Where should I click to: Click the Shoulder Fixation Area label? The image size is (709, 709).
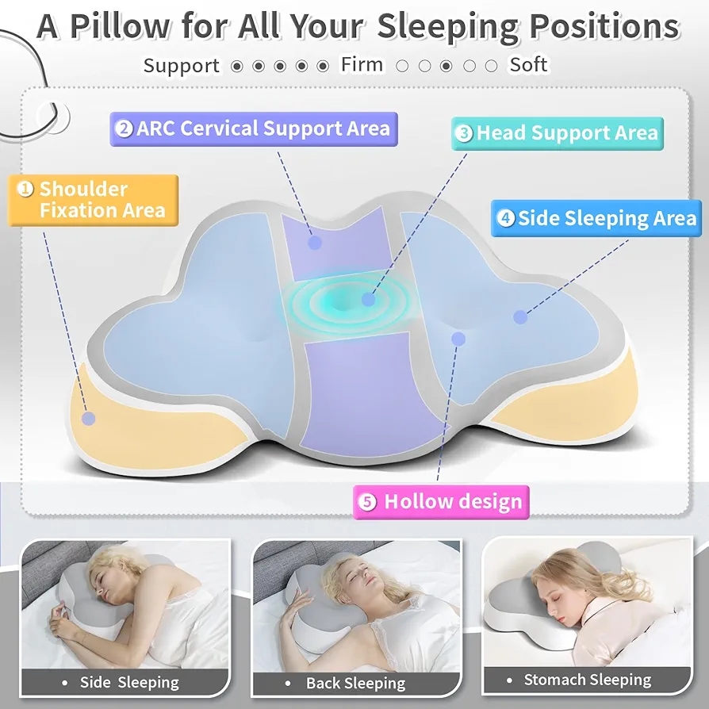pos(93,200)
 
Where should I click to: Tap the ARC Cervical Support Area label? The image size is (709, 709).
pos(254,128)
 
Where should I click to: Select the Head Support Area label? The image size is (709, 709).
pos(558,133)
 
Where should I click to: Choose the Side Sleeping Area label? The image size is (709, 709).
pos(596,218)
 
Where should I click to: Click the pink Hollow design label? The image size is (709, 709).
pos(441,502)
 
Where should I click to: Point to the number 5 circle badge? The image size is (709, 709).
pos(367,502)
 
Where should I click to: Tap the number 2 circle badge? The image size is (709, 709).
pos(124,128)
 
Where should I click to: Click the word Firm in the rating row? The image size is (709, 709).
pos(362,64)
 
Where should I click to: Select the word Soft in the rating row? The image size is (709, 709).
pos(529,64)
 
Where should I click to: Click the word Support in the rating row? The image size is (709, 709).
pos(182,66)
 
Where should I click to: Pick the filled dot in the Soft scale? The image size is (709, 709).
pos(446,67)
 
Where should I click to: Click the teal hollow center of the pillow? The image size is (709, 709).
pos(343,301)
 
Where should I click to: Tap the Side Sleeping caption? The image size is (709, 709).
pos(129,682)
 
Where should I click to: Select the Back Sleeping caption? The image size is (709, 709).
pos(356,683)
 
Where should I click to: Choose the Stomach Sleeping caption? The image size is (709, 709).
pos(588,679)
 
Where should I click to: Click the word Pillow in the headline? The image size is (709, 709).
pos(120,26)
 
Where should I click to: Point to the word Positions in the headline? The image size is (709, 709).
pos(604,26)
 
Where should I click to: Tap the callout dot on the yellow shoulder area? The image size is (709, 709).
pos(89,418)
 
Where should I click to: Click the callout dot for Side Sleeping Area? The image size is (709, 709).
pos(520,317)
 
